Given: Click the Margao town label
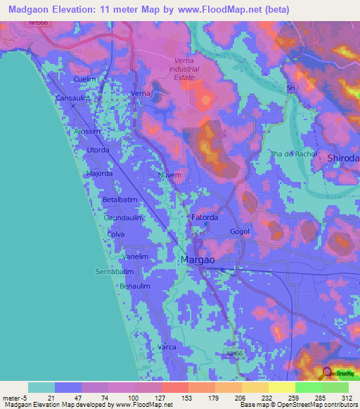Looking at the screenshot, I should (x=199, y=260).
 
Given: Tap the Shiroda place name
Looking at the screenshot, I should (x=343, y=159).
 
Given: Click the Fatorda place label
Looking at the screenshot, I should (x=205, y=218).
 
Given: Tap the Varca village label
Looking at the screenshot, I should (x=167, y=348).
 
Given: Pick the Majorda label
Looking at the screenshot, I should (x=99, y=173).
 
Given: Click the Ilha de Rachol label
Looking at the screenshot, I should (x=294, y=154).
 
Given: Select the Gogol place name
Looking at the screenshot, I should (x=239, y=231).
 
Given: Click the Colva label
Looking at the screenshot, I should (x=115, y=234).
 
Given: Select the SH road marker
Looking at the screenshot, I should (x=290, y=88).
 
